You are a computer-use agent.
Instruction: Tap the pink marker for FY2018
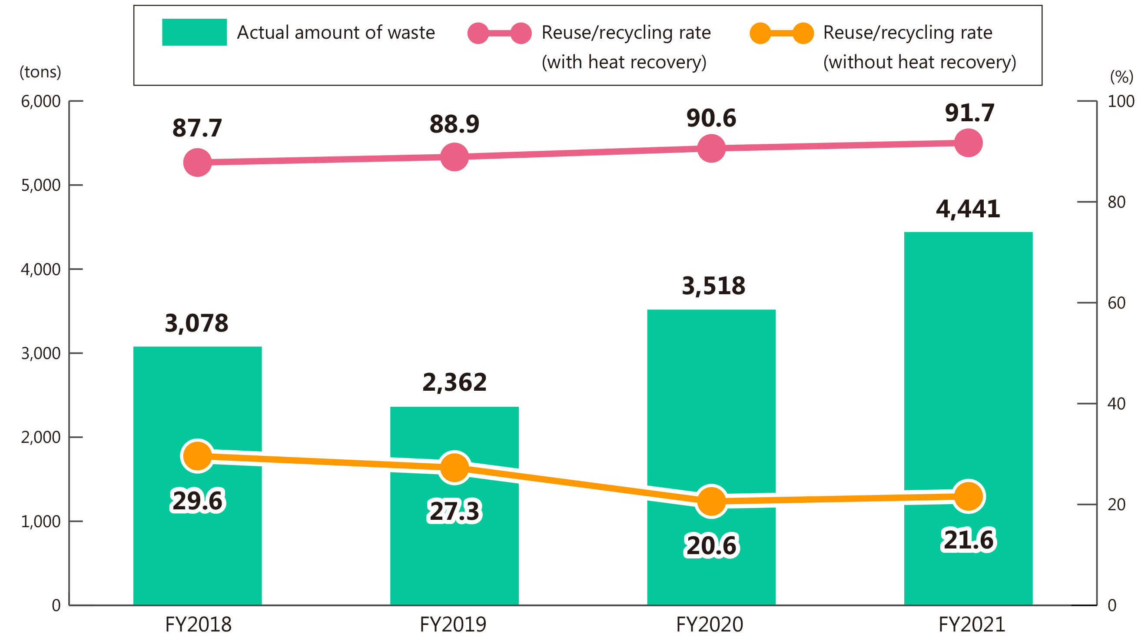pyautogui.click(x=197, y=162)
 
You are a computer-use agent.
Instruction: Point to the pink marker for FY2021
pyautogui.click(x=968, y=143)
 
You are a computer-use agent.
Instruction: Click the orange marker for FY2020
pyautogui.click(x=711, y=501)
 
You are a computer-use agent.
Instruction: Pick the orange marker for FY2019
pyautogui.click(x=454, y=467)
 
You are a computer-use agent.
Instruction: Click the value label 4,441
pyautogui.click(x=968, y=209)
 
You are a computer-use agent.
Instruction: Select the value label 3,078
pyautogui.click(x=196, y=323)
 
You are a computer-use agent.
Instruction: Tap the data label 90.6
pyautogui.click(x=711, y=118)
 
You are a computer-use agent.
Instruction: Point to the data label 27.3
pyautogui.click(x=454, y=511)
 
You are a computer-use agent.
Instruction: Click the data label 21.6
pyautogui.click(x=968, y=540)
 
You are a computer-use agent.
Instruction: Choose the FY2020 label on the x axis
pyautogui.click(x=710, y=624)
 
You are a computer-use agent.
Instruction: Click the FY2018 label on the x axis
pyautogui.click(x=198, y=624)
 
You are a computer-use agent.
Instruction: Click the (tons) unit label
pyautogui.click(x=40, y=72)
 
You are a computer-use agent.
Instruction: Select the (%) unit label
pyautogui.click(x=1121, y=76)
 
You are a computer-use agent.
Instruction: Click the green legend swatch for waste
pyautogui.click(x=194, y=32)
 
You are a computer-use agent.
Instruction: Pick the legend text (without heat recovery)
pyautogui.click(x=919, y=62)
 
